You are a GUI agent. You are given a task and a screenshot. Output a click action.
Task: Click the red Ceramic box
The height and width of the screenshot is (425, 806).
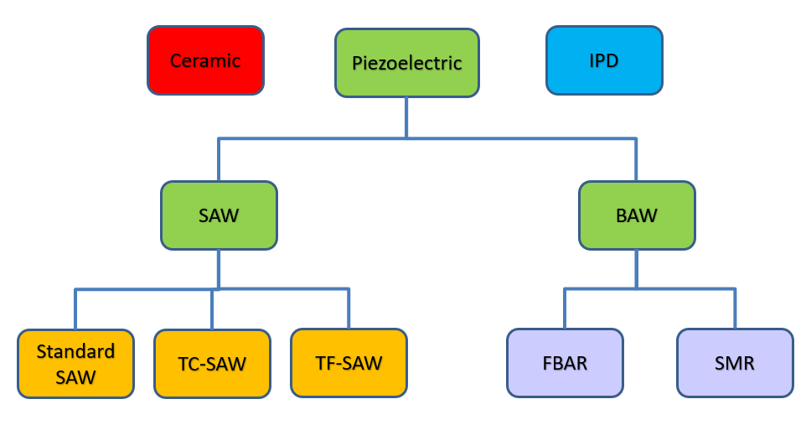(x=205, y=60)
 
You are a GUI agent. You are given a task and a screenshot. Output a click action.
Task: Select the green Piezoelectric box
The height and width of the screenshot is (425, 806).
(x=406, y=63)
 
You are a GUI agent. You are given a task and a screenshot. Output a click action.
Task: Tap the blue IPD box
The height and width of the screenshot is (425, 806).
(x=604, y=60)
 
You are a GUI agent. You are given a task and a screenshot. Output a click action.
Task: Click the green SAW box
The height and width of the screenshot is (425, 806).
(x=219, y=215)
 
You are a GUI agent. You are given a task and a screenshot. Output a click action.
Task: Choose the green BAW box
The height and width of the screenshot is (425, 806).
(x=636, y=215)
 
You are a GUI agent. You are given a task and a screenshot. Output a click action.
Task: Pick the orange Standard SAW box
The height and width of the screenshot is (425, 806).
(x=75, y=363)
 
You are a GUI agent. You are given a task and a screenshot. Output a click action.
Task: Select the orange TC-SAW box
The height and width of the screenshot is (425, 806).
(x=212, y=363)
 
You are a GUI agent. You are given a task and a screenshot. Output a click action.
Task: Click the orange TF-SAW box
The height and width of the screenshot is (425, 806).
(x=349, y=362)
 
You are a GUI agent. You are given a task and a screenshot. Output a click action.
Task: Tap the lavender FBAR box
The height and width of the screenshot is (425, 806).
(x=565, y=362)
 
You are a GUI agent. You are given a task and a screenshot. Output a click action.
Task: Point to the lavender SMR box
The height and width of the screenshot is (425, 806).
(x=735, y=362)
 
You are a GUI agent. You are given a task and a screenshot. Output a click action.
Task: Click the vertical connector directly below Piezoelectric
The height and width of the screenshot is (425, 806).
(x=406, y=116)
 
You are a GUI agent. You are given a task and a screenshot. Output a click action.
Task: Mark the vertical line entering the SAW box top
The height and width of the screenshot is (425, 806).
(x=219, y=159)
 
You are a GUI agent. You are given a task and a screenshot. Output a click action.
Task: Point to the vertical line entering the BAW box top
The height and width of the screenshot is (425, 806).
(x=636, y=159)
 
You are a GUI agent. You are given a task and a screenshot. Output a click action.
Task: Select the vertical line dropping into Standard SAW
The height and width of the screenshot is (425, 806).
(x=75, y=309)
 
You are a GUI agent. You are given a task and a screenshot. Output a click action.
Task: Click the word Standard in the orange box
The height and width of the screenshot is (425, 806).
(x=75, y=350)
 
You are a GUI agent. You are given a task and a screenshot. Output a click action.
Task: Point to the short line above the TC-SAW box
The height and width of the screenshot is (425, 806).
(x=212, y=309)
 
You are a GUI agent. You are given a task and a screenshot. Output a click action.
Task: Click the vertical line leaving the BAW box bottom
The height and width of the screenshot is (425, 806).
(x=636, y=268)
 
